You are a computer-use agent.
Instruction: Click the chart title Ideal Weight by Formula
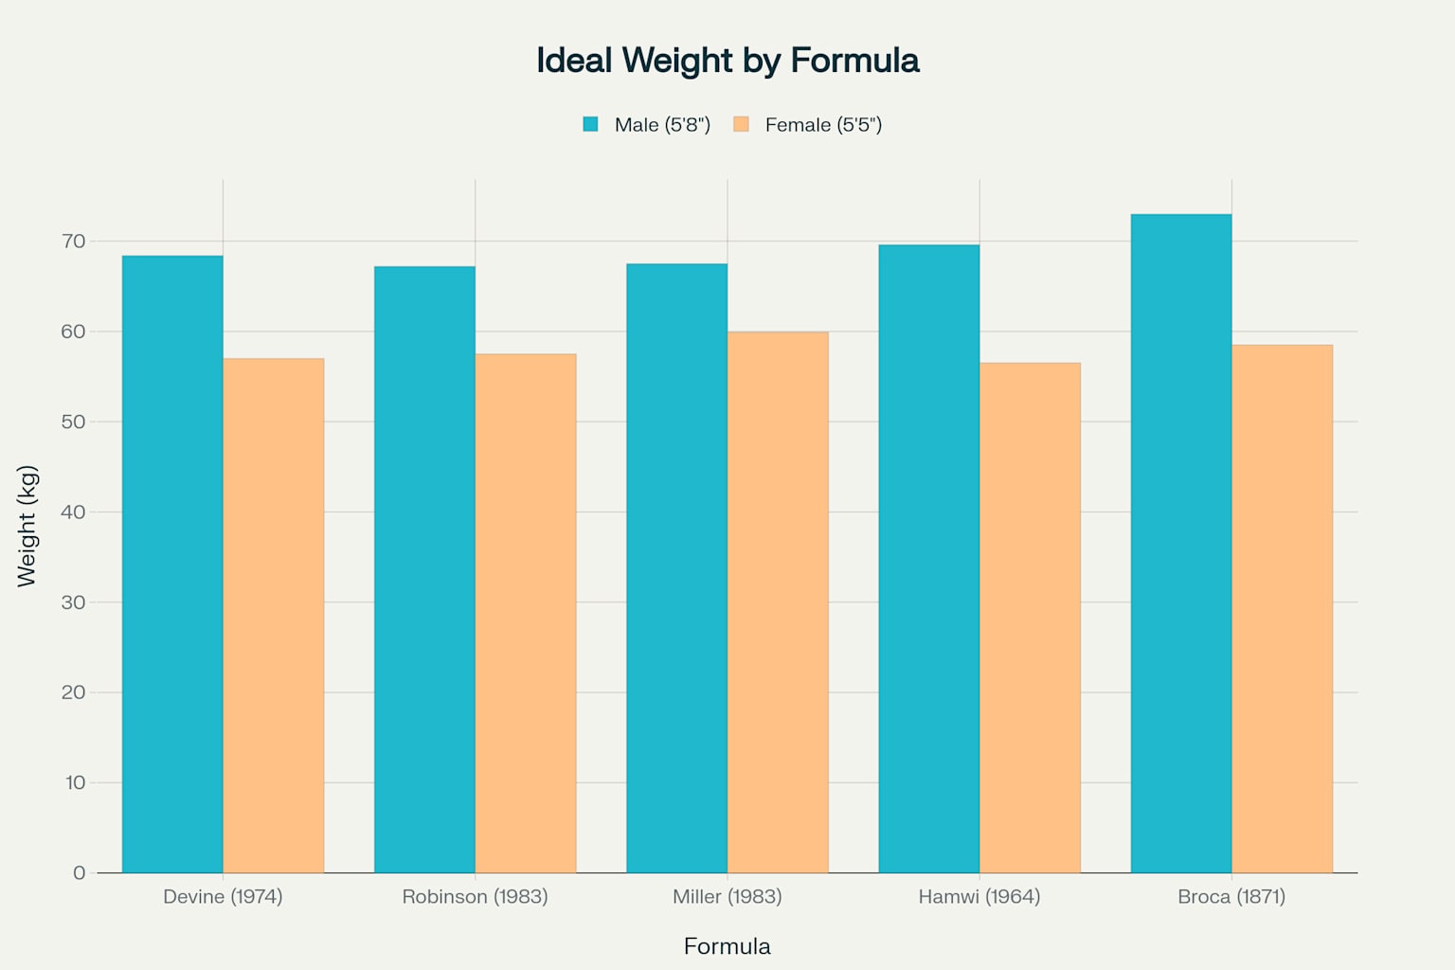click(727, 61)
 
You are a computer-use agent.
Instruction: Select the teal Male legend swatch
click(591, 124)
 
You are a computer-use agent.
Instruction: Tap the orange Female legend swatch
click(741, 124)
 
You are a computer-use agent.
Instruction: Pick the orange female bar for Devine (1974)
click(274, 616)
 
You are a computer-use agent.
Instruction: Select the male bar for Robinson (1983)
click(424, 569)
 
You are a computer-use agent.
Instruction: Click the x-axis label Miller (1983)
click(727, 896)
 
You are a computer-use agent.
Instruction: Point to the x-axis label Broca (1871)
click(1231, 896)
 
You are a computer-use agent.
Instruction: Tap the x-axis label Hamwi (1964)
click(979, 896)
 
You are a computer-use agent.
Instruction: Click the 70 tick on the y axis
click(74, 242)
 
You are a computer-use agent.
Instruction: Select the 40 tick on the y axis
click(74, 512)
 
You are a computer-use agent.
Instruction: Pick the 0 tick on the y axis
click(80, 872)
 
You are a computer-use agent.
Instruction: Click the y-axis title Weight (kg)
click(27, 526)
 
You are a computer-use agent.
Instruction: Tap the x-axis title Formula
click(727, 946)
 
